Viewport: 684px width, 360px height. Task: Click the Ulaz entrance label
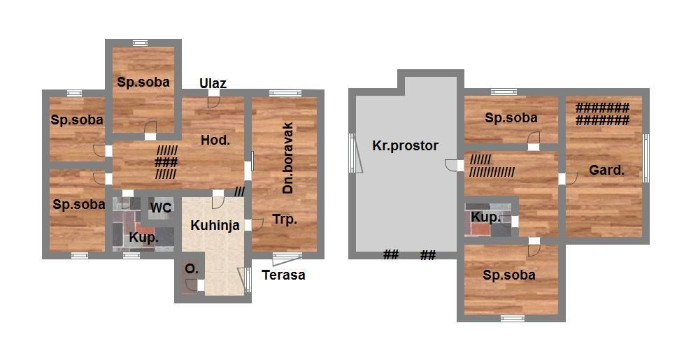(213, 83)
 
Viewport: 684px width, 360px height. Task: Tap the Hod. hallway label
(215, 140)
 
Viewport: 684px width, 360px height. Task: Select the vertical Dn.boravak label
(288, 158)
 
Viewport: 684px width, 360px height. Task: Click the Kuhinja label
(215, 225)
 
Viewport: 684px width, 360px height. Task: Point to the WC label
(161, 208)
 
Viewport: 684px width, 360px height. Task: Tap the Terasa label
(283, 275)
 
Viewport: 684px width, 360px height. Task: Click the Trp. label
(285, 219)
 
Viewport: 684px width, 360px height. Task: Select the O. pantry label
(192, 269)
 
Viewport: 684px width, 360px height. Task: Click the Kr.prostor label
(405, 145)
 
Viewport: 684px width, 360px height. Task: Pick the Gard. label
(606, 170)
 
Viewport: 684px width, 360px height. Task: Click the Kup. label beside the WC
(143, 238)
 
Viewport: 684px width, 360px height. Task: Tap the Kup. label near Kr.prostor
(485, 217)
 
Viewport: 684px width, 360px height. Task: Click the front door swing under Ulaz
(214, 102)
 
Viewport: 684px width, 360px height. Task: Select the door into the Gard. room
(571, 179)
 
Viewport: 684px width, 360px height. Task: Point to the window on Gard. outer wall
(646, 158)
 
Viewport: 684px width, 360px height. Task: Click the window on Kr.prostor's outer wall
(352, 153)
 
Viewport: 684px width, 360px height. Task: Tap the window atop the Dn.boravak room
(285, 93)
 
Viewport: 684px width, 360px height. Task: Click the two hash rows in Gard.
(602, 114)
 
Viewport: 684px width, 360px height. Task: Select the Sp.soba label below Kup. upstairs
(509, 275)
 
